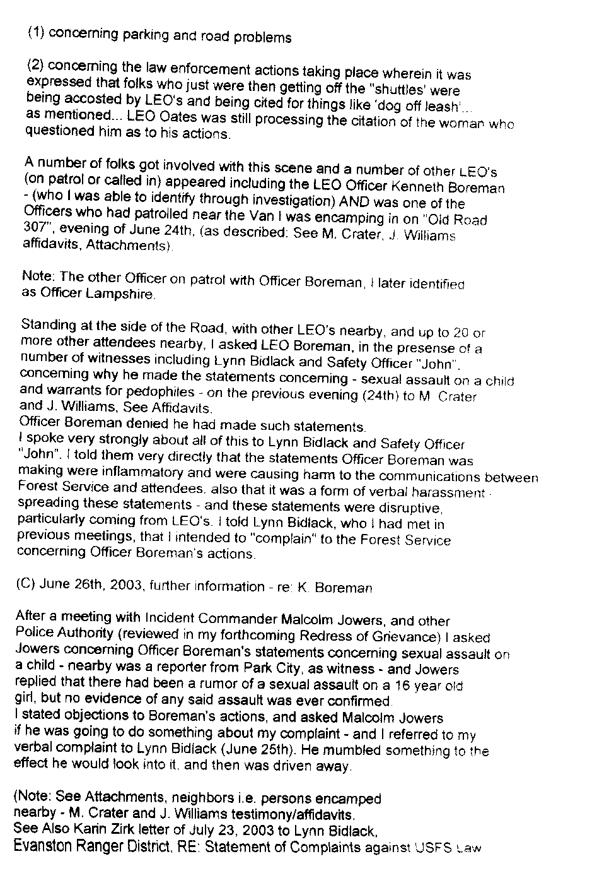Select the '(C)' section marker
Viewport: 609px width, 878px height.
[x=27, y=583]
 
